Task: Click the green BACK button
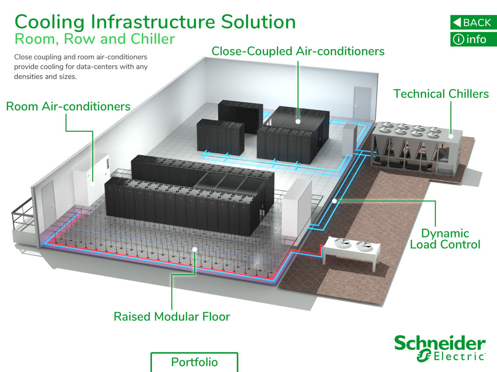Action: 473,22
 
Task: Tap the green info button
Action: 473,39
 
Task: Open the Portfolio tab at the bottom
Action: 194,362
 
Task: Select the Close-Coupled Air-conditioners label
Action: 298,51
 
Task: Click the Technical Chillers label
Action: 441,93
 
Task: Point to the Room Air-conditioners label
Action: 68,106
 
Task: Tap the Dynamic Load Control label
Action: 445,238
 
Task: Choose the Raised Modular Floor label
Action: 171,316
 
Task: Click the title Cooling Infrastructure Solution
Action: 155,21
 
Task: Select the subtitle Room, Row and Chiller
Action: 94,39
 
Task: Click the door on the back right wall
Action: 362,102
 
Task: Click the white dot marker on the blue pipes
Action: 334,201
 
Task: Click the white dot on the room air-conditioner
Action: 93,184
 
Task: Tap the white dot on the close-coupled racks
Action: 298,122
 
